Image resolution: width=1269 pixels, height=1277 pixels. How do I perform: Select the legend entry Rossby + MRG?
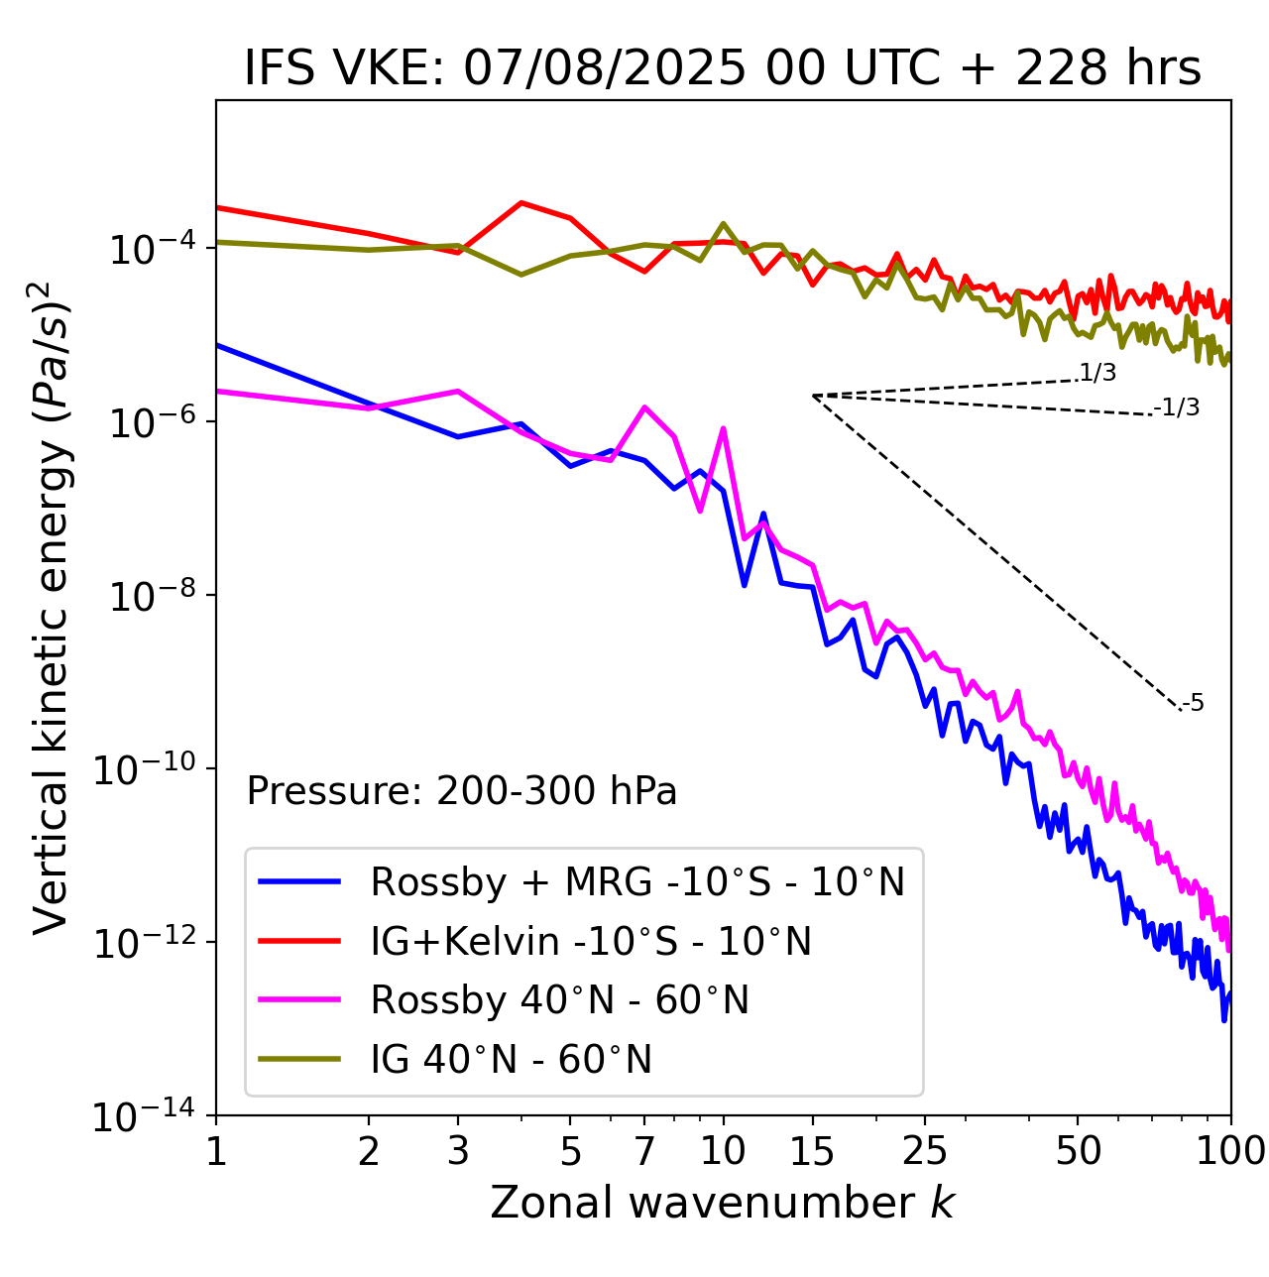tap(637, 881)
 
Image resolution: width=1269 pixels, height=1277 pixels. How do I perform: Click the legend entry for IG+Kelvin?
tap(591, 941)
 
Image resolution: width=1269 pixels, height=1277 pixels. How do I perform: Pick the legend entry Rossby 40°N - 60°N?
tap(559, 1000)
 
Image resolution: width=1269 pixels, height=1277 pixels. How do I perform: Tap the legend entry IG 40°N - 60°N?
tap(511, 1060)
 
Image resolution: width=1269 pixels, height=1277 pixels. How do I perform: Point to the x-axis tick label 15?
tap(812, 1151)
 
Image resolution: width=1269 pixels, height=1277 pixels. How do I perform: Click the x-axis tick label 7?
tap(644, 1151)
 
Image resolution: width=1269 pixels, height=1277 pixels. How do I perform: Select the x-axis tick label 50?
tap(1078, 1151)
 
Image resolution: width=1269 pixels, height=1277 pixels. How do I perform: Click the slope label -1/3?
tap(1177, 407)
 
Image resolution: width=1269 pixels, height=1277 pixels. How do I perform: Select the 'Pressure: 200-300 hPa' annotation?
tap(462, 791)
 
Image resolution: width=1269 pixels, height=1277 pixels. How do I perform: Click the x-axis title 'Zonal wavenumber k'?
tap(722, 1203)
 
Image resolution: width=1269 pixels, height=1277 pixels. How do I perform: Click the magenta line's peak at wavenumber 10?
tap(723, 428)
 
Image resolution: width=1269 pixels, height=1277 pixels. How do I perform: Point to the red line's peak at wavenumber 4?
tap(521, 202)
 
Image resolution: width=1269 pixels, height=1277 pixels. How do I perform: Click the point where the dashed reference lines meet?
tap(813, 396)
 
